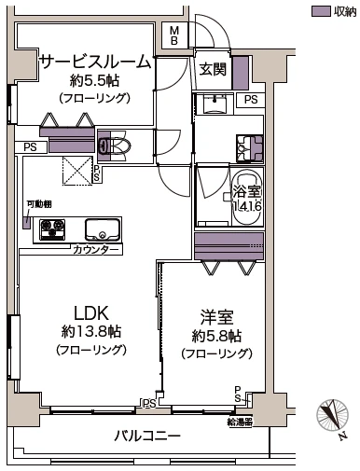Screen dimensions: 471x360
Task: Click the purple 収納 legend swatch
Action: tap(320, 11)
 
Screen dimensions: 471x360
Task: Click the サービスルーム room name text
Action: tap(93, 62)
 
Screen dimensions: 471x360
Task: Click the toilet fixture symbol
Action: tap(119, 145)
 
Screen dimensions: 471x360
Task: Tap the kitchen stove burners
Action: tap(49, 229)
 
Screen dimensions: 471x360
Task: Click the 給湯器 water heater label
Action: tap(240, 422)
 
